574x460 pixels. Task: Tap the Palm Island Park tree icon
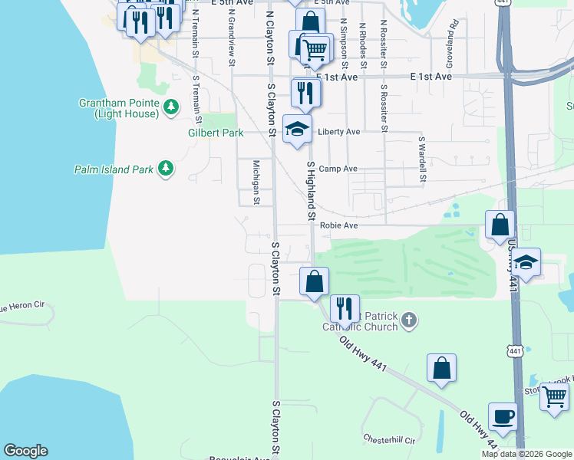[165, 168]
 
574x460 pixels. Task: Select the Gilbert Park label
[216, 133]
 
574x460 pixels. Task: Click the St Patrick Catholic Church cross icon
[409, 320]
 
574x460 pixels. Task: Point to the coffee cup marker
[503, 416]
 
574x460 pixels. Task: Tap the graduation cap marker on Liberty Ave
[297, 128]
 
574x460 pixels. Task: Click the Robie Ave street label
[338, 225]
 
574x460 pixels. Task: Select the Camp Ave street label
[338, 169]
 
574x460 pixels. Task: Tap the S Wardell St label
[422, 160]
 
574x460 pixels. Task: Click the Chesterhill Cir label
[388, 441]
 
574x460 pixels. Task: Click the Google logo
[25, 451]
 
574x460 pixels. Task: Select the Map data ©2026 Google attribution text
[526, 454]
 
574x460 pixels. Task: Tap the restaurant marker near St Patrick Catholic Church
[344, 308]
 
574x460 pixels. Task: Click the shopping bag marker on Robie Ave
[500, 225]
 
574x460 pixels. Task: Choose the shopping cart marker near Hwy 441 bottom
[553, 397]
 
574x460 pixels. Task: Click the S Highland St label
[312, 192]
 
